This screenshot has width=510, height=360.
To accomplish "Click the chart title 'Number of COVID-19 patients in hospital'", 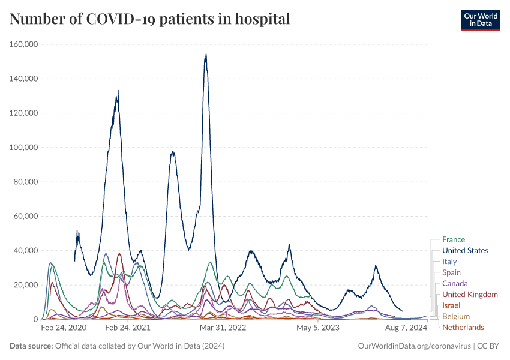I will coord(150,19).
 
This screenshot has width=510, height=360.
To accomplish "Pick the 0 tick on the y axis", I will coord(36,320).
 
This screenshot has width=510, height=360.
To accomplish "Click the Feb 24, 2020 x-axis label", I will coord(63,328).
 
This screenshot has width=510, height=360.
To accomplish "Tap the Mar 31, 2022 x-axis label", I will coord(223,328).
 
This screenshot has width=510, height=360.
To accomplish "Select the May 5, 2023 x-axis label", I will coord(318,328).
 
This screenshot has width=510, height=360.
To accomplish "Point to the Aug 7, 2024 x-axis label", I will coord(406,328).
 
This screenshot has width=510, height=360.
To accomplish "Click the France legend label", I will coord(453,240).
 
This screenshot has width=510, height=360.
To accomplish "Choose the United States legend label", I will coord(465,251).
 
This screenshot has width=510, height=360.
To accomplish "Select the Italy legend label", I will coord(449,262).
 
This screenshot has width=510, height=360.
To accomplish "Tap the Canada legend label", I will coord(455,283).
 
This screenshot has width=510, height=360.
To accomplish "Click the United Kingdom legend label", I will coord(470,295).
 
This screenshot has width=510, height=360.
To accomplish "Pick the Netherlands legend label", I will coord(463,327).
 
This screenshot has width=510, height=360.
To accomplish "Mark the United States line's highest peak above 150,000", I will coord(206,55).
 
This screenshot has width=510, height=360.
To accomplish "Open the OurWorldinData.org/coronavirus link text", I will coord(413,346).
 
